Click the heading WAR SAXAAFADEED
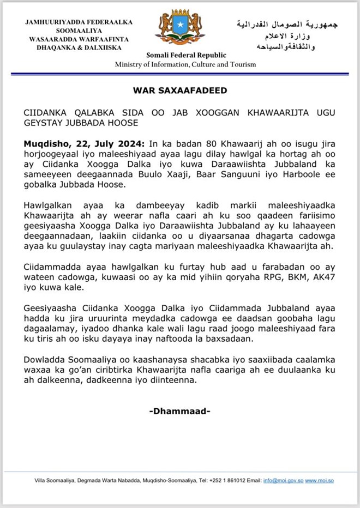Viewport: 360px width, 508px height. pos(180,90)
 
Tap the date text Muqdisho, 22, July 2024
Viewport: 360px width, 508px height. pos(84,143)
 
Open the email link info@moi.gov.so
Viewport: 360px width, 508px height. pos(283,480)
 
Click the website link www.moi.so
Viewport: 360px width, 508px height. pos(319,480)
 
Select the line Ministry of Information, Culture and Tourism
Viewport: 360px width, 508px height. pos(185,65)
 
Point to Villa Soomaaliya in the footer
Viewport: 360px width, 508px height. pos(53,480)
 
